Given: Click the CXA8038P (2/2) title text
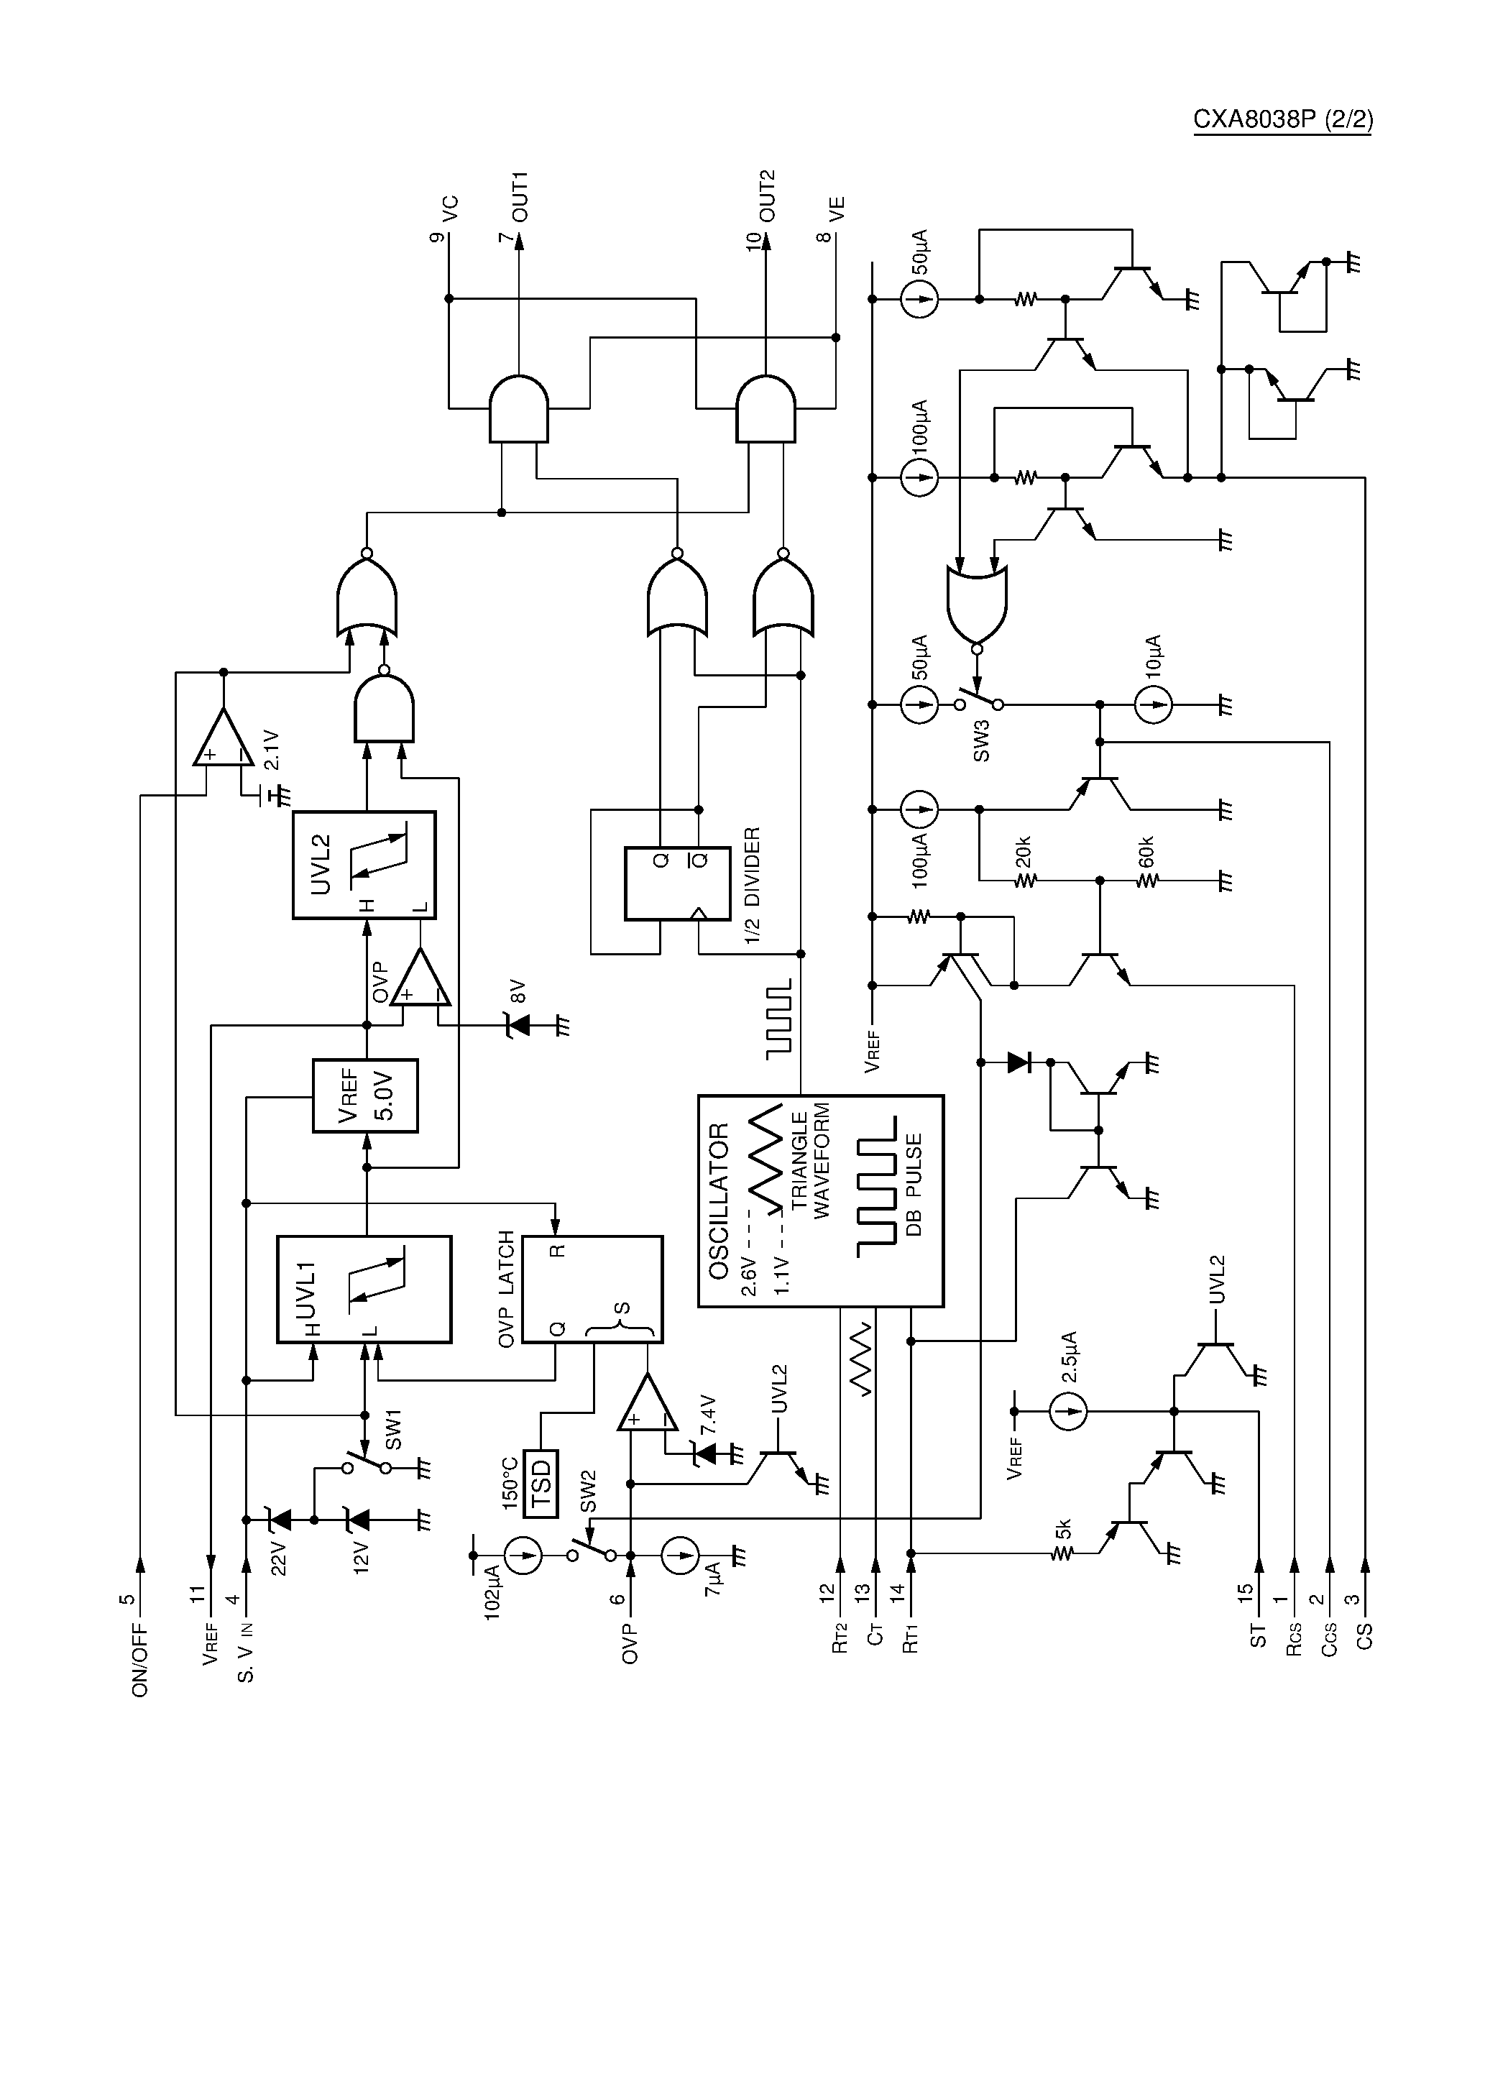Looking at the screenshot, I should coord(1282,121).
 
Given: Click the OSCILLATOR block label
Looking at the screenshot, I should coord(719,1201).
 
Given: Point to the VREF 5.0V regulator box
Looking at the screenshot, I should coord(365,1096).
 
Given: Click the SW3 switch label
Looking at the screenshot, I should coord(982,745).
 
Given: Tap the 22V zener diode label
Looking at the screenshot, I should coord(279,1557).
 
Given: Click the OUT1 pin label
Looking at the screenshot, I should coord(520,196).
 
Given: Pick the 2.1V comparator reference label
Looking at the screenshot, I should coord(271,750).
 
